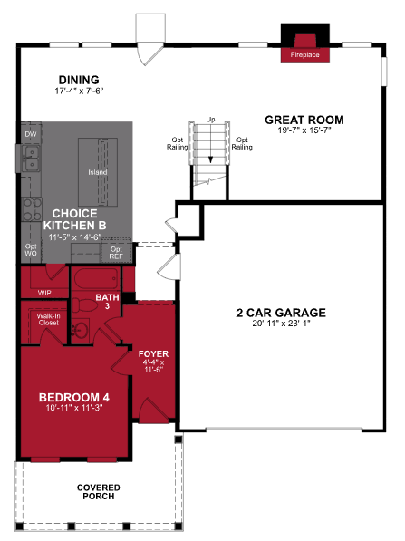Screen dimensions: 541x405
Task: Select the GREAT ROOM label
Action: coord(304,119)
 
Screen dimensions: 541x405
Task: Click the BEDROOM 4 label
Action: coord(74,397)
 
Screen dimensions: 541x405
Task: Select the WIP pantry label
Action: coord(44,293)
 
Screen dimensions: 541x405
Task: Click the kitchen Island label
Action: coord(97,172)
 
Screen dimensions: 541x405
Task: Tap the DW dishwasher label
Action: coord(30,133)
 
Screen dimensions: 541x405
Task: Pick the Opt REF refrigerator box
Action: coord(115,252)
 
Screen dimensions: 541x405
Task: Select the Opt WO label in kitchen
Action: coord(30,250)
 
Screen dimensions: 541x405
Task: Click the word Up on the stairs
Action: coord(211,119)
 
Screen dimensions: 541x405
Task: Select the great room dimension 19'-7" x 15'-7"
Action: coord(304,130)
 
